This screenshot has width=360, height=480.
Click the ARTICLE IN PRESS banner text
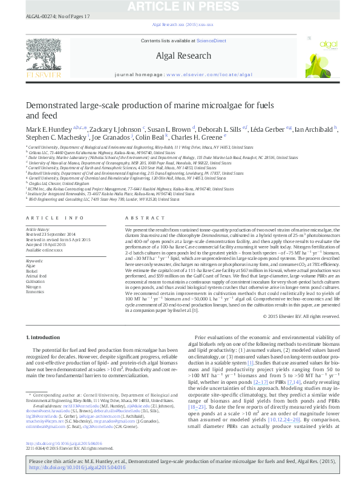coord(180,6)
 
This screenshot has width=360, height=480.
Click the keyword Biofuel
coord(31,270)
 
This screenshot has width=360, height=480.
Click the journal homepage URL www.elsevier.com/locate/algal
coord(209,75)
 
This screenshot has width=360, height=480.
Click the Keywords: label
coord(35,261)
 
